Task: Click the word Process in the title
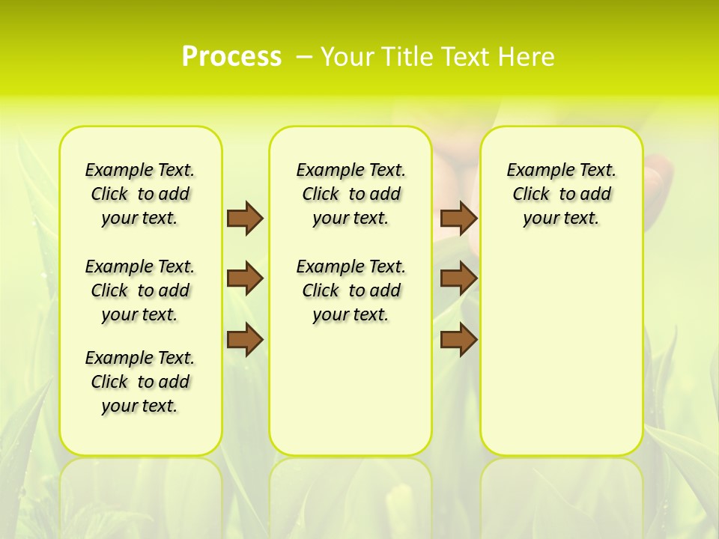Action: tap(231, 57)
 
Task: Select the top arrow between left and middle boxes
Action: tap(245, 218)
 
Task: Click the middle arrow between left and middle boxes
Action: tap(245, 278)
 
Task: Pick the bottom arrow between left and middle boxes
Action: tap(245, 340)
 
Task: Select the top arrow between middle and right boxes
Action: tap(459, 218)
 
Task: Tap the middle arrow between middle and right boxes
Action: tap(459, 278)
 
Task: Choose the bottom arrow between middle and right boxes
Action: tap(459, 340)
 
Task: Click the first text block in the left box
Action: tap(140, 194)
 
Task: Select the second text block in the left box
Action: tap(140, 290)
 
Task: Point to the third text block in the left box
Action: tap(140, 382)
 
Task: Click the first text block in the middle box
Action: tap(351, 194)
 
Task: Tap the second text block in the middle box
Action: tap(351, 290)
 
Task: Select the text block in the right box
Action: tap(561, 194)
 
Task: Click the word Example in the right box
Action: tap(534, 171)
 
